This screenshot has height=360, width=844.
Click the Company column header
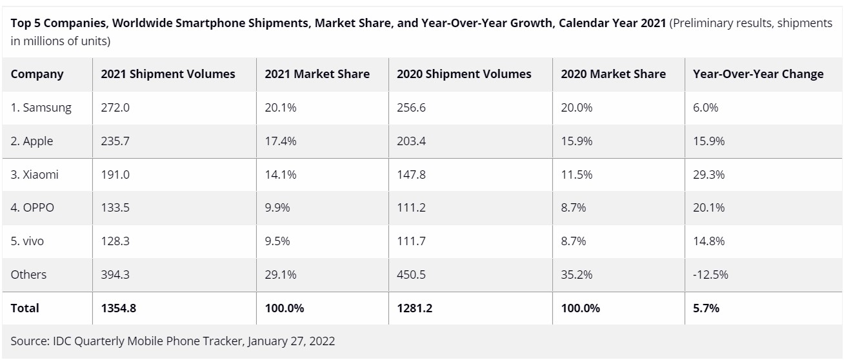coord(37,74)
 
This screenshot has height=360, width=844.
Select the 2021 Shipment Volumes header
coord(168,74)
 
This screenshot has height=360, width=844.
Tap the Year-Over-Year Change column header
coord(758,74)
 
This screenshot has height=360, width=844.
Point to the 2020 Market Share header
coord(613,74)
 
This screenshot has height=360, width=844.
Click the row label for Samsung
coord(41,108)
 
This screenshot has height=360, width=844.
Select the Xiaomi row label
coord(34,174)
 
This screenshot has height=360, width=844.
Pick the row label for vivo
coord(27,241)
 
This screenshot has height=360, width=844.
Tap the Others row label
coord(28,275)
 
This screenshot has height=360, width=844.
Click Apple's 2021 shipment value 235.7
coord(115,141)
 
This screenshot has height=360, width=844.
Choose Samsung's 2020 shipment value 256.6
coord(411,108)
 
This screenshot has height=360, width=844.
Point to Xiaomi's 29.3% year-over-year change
coord(708,174)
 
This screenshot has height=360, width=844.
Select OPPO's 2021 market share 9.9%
coord(277,208)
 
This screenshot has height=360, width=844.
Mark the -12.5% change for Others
coord(710,275)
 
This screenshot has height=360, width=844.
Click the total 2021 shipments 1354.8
coord(118,308)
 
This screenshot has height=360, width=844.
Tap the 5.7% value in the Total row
coord(706,308)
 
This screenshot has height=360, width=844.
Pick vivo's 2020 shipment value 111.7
coord(411,241)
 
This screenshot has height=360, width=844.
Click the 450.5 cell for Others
coord(411,275)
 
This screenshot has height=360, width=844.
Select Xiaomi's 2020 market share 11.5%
coord(576,174)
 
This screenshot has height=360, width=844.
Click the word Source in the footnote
coord(30,341)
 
